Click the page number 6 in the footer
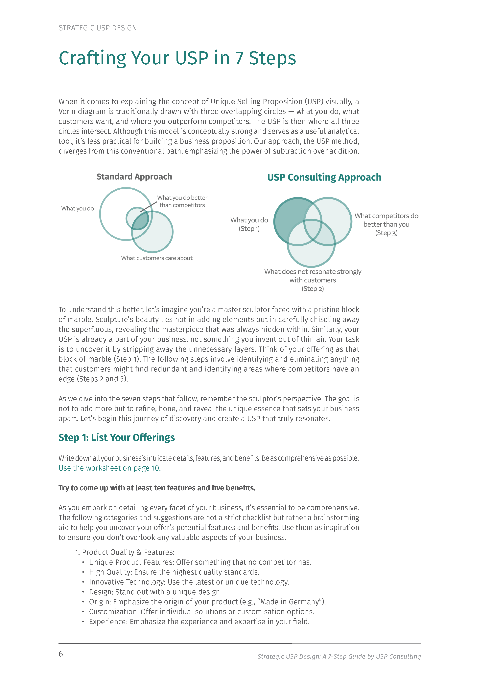61,654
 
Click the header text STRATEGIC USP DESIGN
98,28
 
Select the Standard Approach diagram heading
134,177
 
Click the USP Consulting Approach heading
324,177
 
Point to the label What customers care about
157,258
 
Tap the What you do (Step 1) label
249,224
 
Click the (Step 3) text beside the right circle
386,233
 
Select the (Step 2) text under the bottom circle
313,289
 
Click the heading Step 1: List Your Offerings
117,438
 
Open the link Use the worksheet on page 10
110,468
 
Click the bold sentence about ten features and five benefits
157,488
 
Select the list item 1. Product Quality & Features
125,552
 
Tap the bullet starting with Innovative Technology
189,582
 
